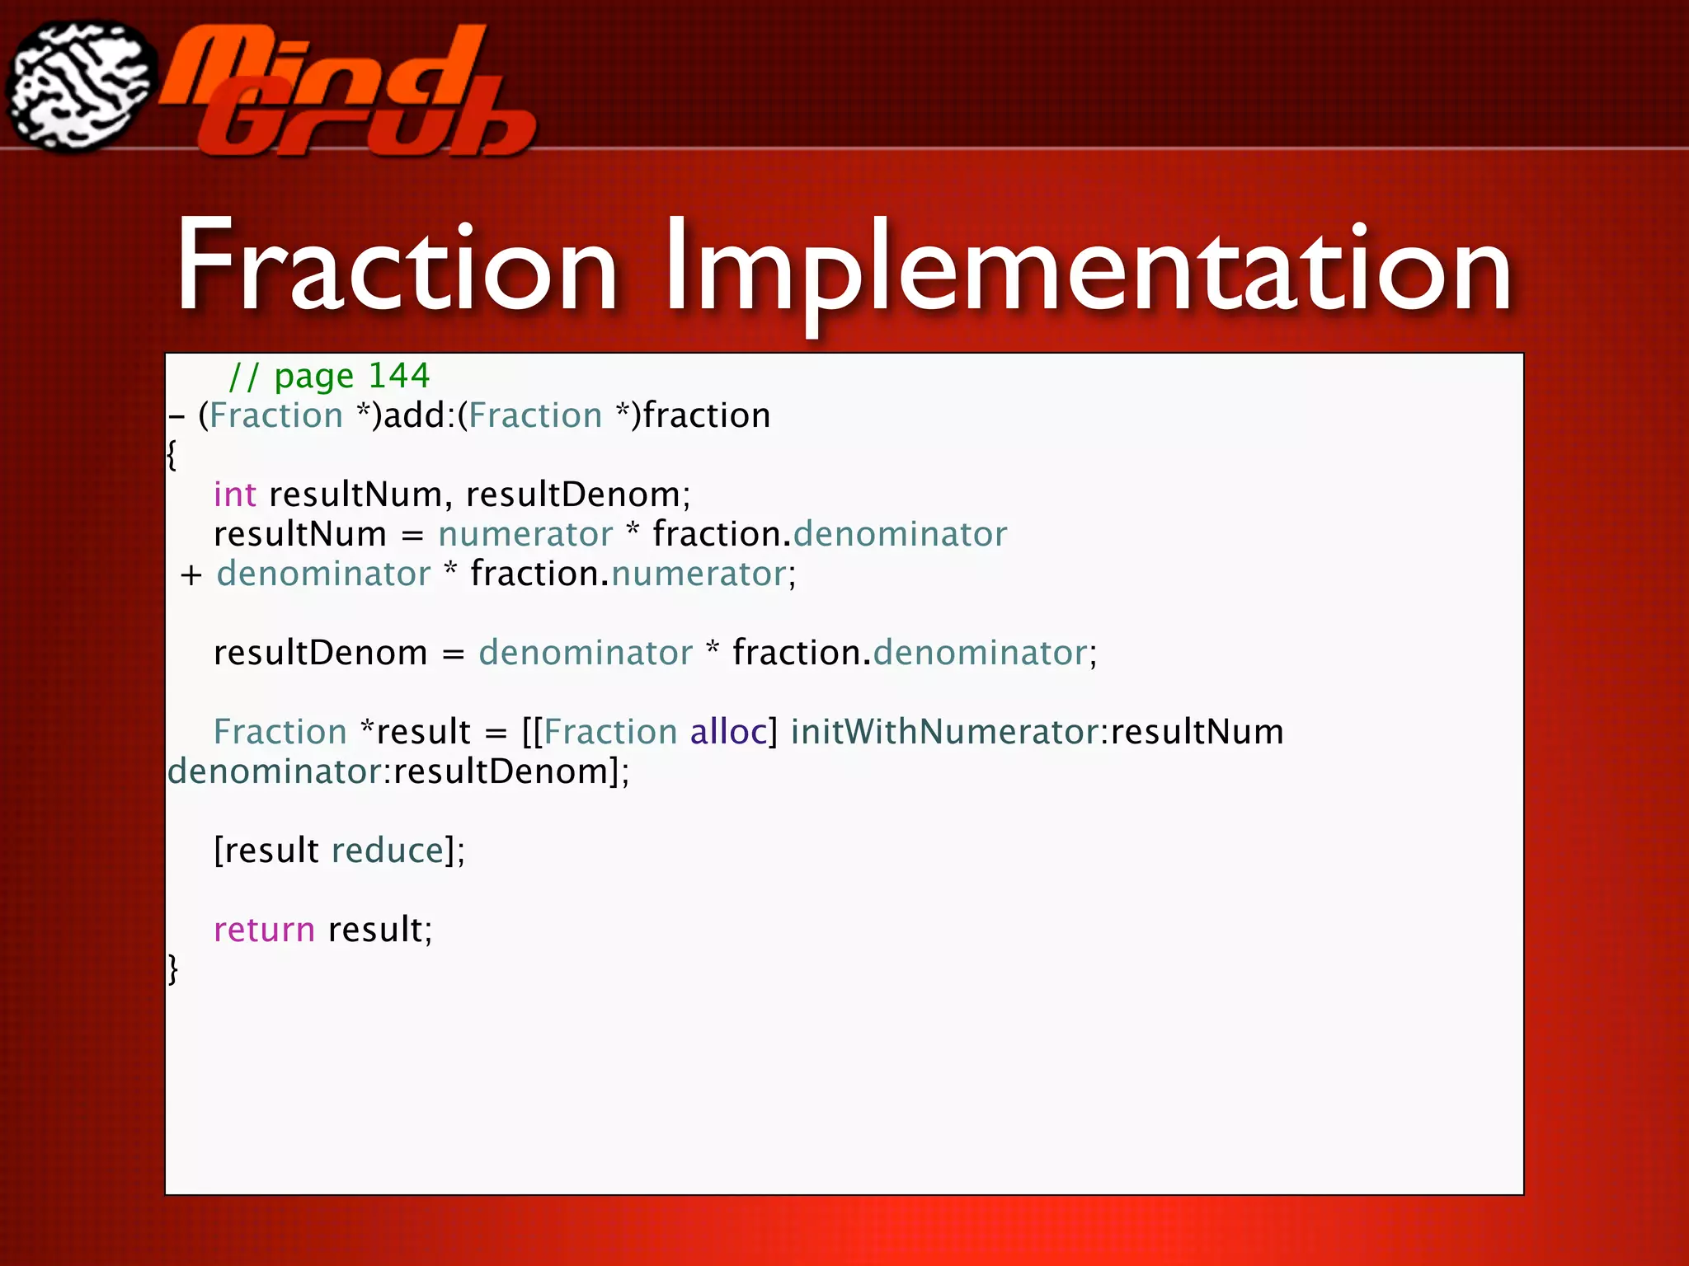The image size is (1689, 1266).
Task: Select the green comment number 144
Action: click(x=399, y=376)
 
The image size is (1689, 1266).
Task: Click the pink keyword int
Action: click(x=235, y=495)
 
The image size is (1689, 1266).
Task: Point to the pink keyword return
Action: click(x=264, y=930)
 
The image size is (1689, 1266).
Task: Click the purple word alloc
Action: click(x=728, y=732)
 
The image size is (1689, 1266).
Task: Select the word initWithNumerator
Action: click(x=944, y=732)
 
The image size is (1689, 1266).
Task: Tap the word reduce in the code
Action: click(x=388, y=851)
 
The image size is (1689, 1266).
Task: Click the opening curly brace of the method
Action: click(x=172, y=455)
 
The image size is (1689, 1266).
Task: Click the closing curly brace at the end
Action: click(x=172, y=969)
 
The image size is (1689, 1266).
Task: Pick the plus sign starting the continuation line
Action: click(x=191, y=575)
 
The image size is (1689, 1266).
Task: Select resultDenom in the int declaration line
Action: click(x=573, y=495)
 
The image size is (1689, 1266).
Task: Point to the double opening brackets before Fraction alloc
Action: click(x=532, y=732)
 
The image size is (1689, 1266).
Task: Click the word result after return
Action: click(x=375, y=930)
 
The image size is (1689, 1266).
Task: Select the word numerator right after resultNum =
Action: click(x=525, y=534)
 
